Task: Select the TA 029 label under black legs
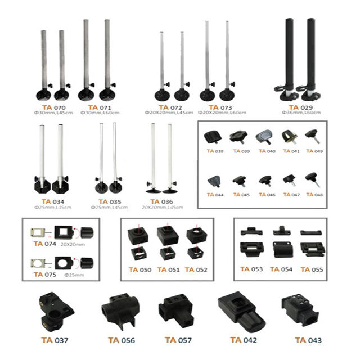coord(296,107)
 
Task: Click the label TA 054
coord(282,269)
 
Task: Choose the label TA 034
coord(50,201)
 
